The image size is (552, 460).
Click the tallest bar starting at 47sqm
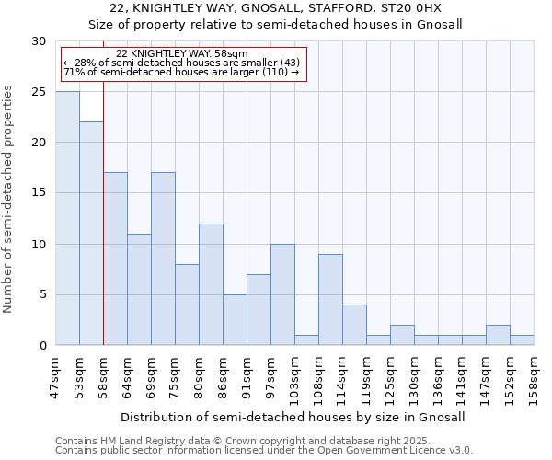(x=67, y=218)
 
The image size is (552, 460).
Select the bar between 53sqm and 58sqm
(x=91, y=234)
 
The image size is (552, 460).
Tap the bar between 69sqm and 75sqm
(x=163, y=259)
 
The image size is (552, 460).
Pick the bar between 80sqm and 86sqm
(x=211, y=284)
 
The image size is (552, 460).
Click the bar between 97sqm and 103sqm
(x=282, y=294)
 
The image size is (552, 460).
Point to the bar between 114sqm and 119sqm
(x=354, y=325)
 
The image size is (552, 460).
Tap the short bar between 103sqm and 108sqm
(x=306, y=340)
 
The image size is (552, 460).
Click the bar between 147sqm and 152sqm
(x=498, y=335)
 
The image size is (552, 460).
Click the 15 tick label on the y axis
(x=39, y=193)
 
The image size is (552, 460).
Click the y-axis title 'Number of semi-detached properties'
(x=9, y=199)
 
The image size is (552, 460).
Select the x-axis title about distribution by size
(x=293, y=417)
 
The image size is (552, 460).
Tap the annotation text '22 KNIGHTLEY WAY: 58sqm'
(x=182, y=54)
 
